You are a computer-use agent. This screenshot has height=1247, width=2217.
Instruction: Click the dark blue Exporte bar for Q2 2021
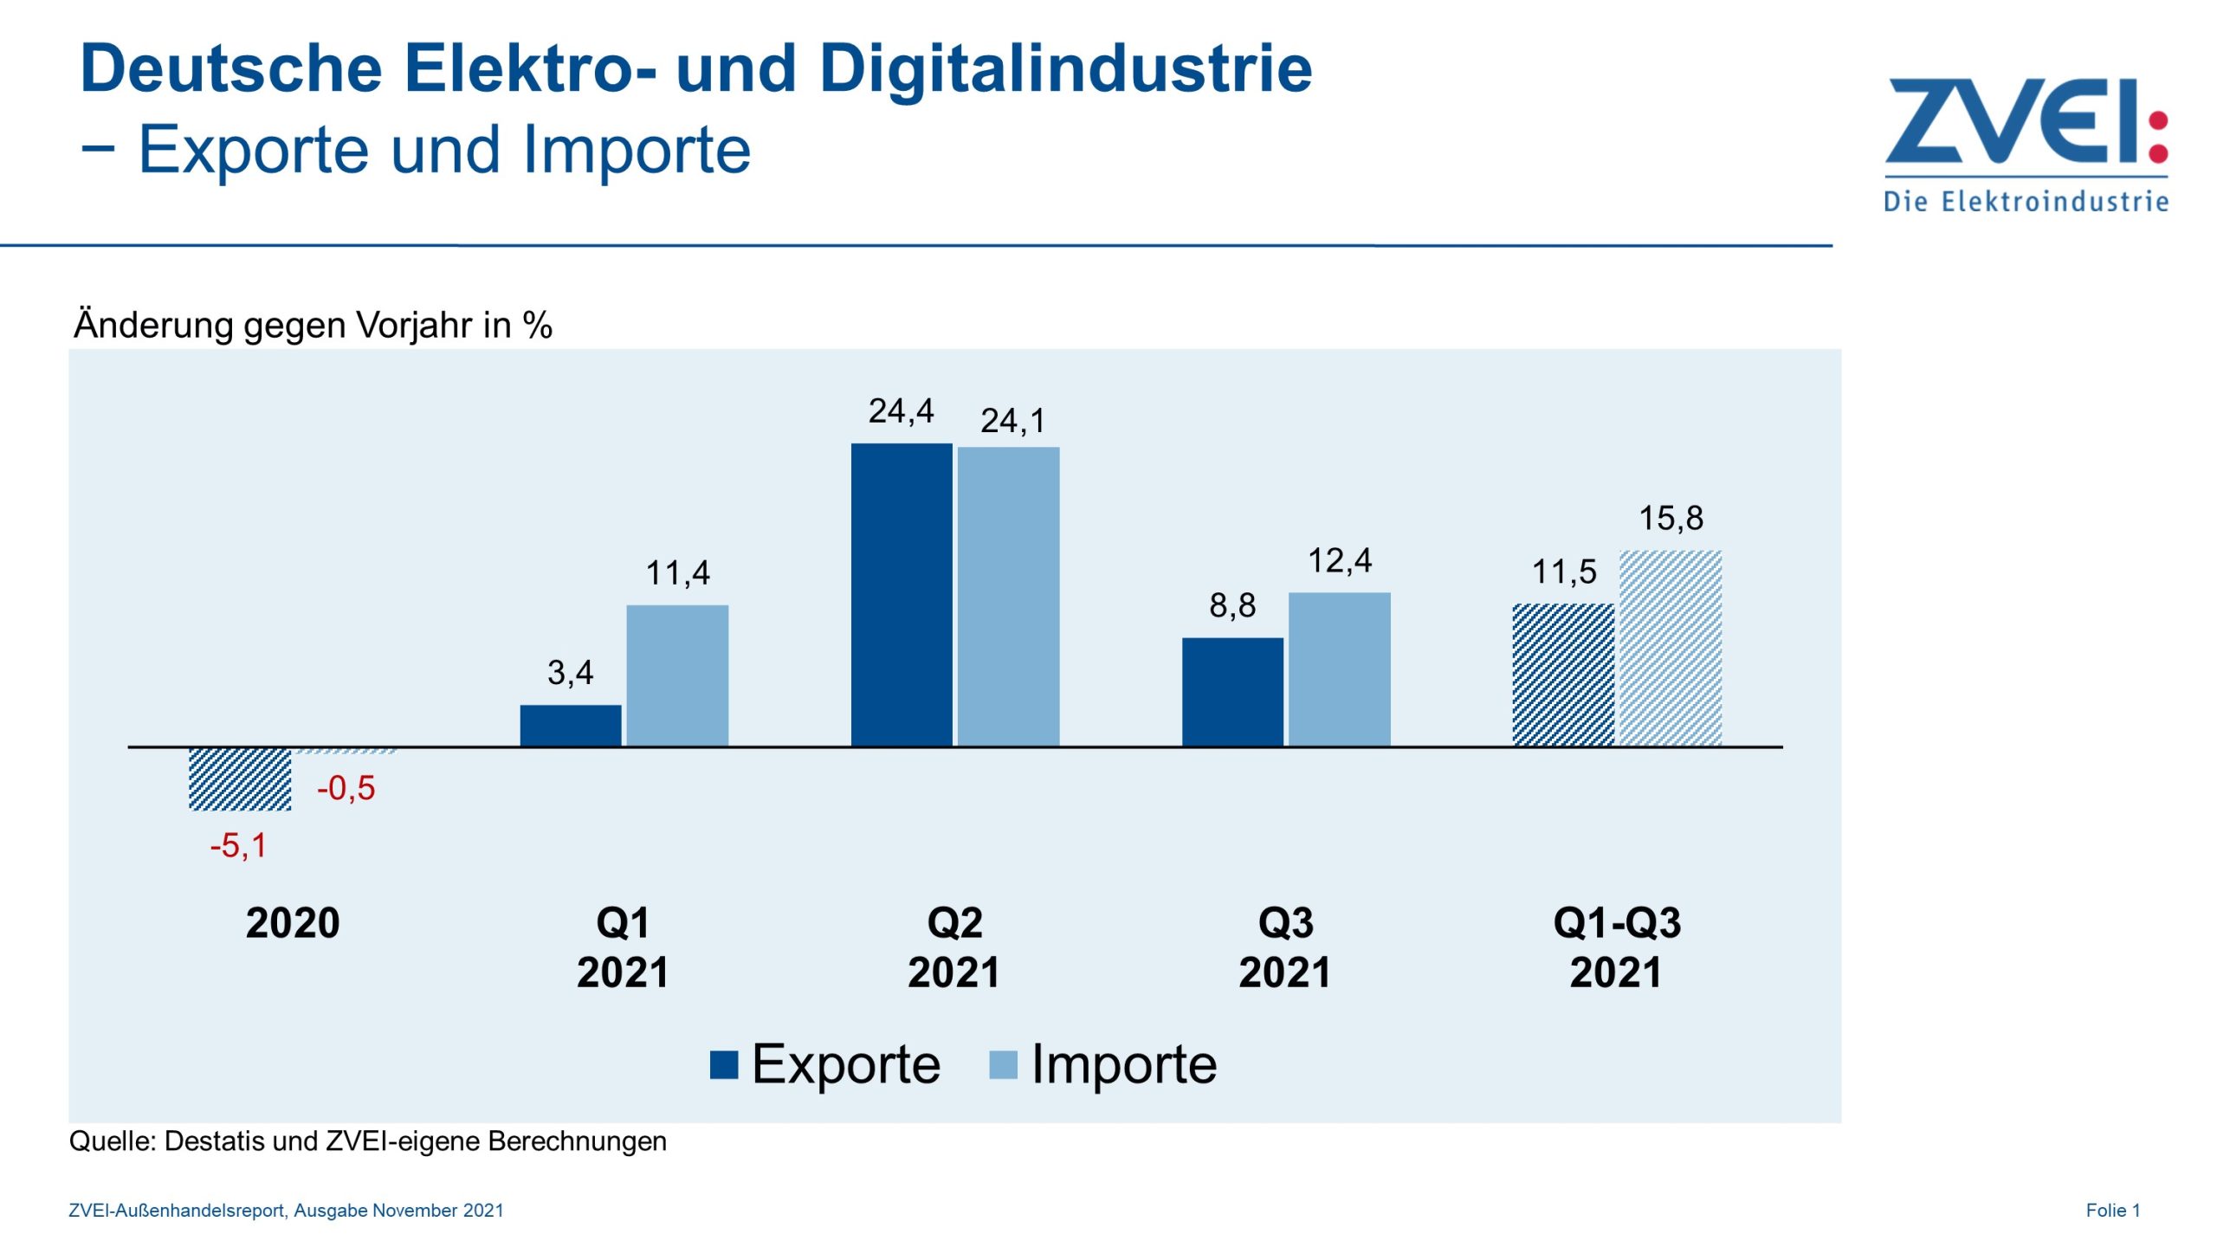901,594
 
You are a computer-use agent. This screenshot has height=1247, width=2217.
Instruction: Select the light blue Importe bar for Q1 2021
677,675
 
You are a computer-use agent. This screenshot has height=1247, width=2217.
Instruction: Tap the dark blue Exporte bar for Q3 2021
1232,691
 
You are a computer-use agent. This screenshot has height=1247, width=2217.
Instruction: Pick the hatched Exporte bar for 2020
240,779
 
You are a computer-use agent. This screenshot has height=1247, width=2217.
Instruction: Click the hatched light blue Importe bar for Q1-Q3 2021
1670,648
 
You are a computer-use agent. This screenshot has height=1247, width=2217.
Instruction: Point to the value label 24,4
901,411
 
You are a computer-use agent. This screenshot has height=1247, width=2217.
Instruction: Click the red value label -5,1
238,846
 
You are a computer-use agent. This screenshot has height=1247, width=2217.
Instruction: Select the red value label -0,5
346,789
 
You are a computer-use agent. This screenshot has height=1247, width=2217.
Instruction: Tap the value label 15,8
1670,519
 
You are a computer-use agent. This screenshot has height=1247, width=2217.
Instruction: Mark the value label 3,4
570,673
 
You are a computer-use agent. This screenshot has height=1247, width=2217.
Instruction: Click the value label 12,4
1339,561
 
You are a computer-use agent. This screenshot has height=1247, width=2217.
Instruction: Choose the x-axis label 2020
293,923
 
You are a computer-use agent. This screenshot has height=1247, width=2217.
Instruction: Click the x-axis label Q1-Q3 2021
1616,947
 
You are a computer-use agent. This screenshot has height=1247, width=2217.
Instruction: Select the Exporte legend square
723,1065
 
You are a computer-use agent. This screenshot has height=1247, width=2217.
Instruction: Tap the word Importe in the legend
1123,1065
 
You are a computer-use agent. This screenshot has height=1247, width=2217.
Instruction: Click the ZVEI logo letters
2009,121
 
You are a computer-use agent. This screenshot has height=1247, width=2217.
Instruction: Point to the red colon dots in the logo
2158,137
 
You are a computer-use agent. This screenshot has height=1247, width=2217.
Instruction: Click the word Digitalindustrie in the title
1065,69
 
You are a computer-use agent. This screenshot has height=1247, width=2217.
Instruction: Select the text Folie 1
2112,1211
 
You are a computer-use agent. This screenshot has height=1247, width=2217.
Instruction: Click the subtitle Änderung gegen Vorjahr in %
313,326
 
